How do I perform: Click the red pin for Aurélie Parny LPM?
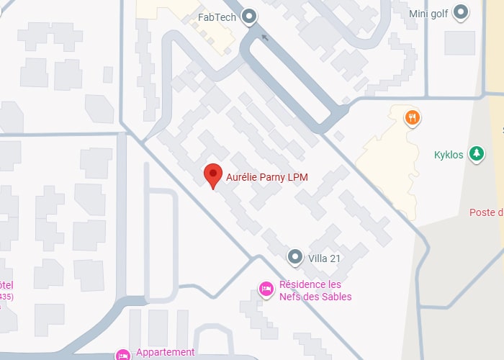pyautogui.click(x=212, y=174)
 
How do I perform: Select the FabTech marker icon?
pyautogui.click(x=250, y=16)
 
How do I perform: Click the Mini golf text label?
pyautogui.click(x=428, y=13)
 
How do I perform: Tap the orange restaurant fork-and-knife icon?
pyautogui.click(x=412, y=117)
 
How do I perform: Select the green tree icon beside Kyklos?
pyautogui.click(x=475, y=154)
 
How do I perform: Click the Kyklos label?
pyautogui.click(x=449, y=155)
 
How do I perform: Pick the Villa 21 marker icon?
pyautogui.click(x=295, y=256)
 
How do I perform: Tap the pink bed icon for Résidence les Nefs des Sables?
pyautogui.click(x=266, y=290)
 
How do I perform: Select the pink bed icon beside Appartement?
pyautogui.click(x=122, y=354)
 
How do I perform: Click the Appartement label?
pyautogui.click(x=165, y=352)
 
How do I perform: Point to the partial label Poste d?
pyautogui.click(x=485, y=212)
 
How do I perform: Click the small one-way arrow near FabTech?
pyautogui.click(x=265, y=37)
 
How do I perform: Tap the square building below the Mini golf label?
pyautogui.click(x=459, y=42)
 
